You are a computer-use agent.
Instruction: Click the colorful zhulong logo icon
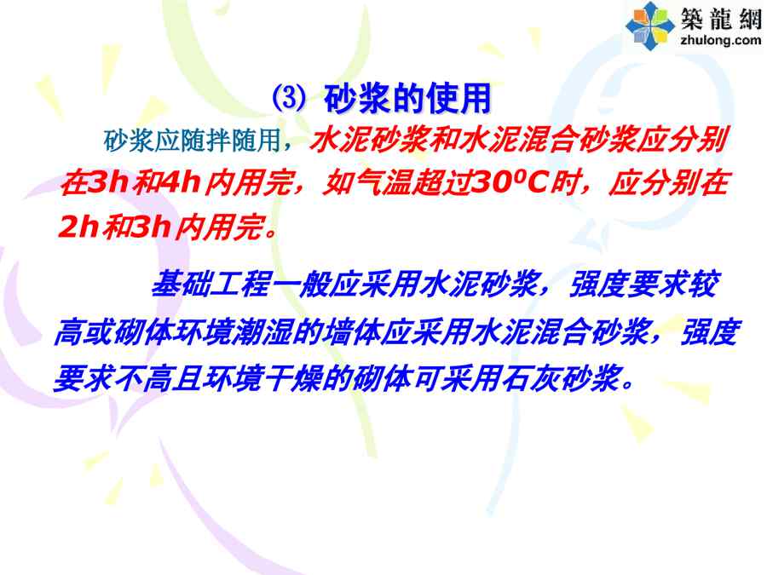pyautogui.click(x=649, y=26)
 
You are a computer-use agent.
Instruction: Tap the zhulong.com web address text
pyautogui.click(x=720, y=40)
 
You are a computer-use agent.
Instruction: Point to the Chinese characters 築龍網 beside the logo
pyautogui.click(x=721, y=18)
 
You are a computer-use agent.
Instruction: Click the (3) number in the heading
pyautogui.click(x=289, y=98)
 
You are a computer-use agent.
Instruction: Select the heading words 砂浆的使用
pyautogui.click(x=407, y=98)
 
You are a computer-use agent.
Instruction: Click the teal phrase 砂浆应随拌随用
pyautogui.click(x=191, y=141)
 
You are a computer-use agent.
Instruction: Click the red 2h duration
pyautogui.click(x=79, y=227)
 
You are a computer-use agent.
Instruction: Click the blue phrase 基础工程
pyautogui.click(x=210, y=284)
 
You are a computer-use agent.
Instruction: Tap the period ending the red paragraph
pyautogui.click(x=269, y=233)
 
